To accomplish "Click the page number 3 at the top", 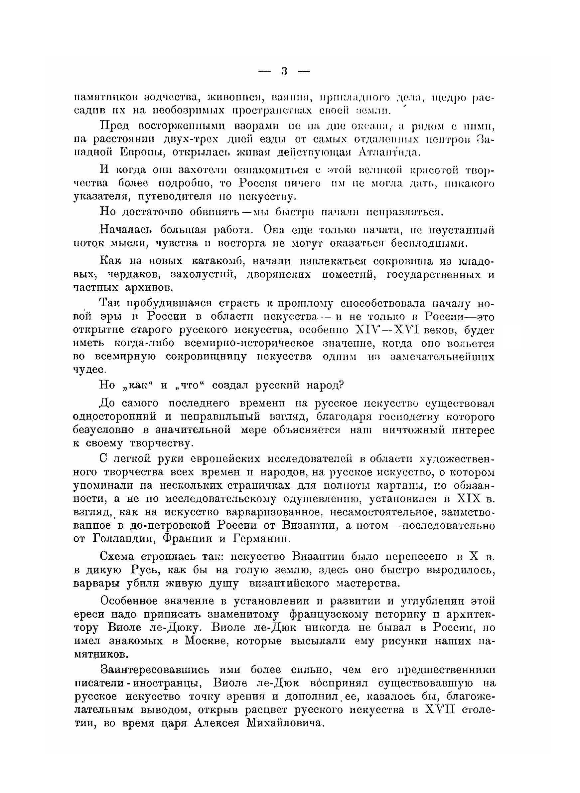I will [284, 72].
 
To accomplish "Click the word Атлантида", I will [389, 152].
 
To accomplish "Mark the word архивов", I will [149, 288].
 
